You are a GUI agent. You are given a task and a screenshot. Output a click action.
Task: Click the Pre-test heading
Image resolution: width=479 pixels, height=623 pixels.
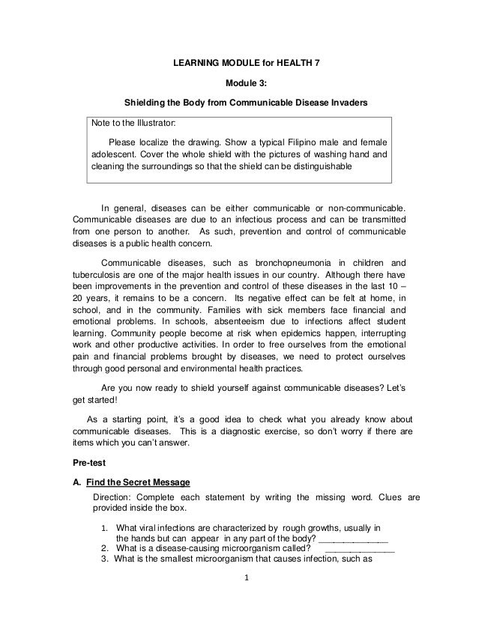click(88, 462)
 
